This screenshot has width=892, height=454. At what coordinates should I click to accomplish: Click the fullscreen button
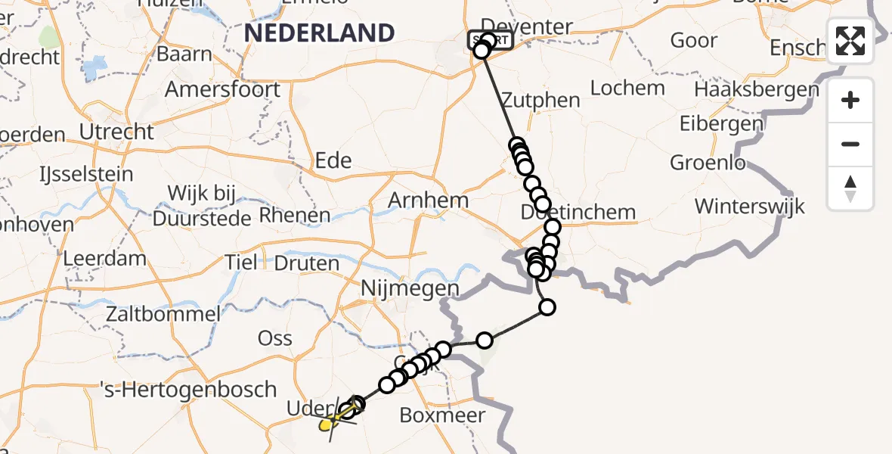(x=850, y=41)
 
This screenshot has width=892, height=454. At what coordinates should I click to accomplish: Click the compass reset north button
(x=850, y=189)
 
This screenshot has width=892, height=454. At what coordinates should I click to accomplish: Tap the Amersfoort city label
(x=222, y=89)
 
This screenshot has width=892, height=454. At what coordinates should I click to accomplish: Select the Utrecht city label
(x=116, y=132)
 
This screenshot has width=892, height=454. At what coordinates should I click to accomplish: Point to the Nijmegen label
(x=410, y=288)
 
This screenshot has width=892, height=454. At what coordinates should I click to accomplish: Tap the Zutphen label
(x=541, y=101)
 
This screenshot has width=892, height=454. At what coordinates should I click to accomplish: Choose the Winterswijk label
(x=750, y=206)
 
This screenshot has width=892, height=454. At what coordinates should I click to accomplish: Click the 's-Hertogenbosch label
(x=189, y=390)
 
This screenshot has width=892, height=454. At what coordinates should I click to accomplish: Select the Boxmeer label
(x=442, y=415)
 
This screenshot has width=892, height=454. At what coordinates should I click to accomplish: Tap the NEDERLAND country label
(x=320, y=33)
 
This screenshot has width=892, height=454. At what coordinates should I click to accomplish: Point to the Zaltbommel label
(x=164, y=314)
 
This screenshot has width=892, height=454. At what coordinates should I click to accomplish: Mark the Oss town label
(x=275, y=337)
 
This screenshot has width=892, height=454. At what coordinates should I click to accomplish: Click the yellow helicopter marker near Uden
(x=328, y=424)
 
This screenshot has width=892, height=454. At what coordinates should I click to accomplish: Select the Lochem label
(x=627, y=88)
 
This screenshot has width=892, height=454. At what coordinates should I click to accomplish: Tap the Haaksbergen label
(x=756, y=90)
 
